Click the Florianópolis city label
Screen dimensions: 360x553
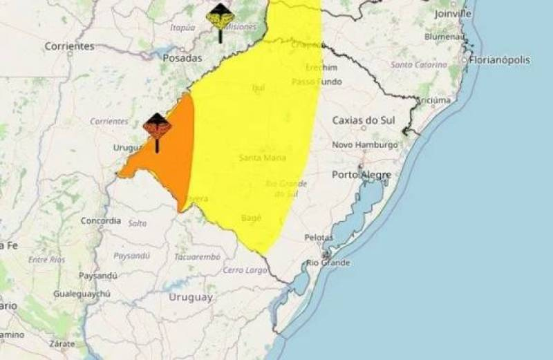[x=500, y=60]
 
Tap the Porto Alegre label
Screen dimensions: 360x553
[x=362, y=175]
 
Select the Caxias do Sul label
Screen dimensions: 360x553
[x=363, y=120]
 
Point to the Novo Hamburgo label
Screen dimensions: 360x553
[x=365, y=145]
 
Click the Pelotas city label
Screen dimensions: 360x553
[x=319, y=238]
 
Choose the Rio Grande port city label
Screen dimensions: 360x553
[x=328, y=263]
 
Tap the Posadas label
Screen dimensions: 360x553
[x=182, y=58]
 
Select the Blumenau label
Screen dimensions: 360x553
[x=445, y=36]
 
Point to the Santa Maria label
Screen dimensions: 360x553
[x=263, y=158]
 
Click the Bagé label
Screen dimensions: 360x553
[x=251, y=218]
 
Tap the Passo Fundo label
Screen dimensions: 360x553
[x=317, y=82]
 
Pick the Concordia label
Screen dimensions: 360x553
[x=101, y=221]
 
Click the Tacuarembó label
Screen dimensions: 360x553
[x=197, y=256]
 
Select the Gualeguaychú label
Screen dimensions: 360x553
[x=82, y=294]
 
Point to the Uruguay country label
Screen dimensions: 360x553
[x=190, y=297]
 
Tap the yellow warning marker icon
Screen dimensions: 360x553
[x=220, y=17]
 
